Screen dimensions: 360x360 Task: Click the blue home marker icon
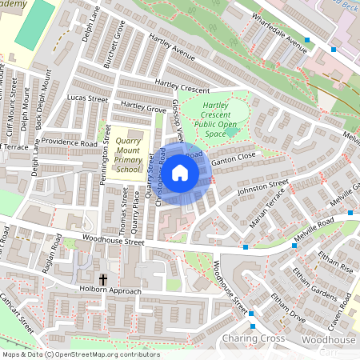180,172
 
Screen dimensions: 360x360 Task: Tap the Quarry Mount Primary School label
128,154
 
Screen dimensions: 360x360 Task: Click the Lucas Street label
87,98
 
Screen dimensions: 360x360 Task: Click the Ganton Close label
235,155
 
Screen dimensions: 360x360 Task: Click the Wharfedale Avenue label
278,32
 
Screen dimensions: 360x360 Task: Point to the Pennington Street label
104,165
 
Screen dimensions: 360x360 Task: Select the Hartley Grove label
143,106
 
